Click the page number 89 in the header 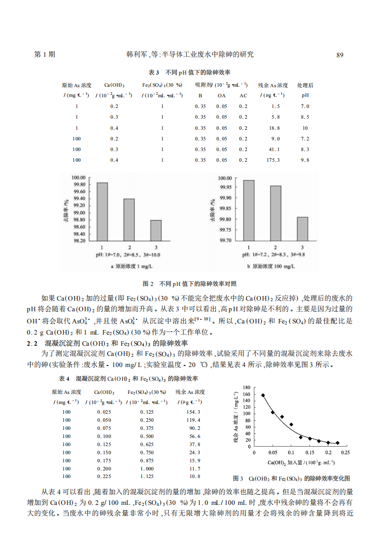point(340,55)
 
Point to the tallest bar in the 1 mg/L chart point(102,211)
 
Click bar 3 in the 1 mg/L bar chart point(156,230)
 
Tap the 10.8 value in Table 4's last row point(195,477)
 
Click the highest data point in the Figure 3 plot point(262,395)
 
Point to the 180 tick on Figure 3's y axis point(247,388)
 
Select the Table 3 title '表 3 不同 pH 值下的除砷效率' point(189,72)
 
